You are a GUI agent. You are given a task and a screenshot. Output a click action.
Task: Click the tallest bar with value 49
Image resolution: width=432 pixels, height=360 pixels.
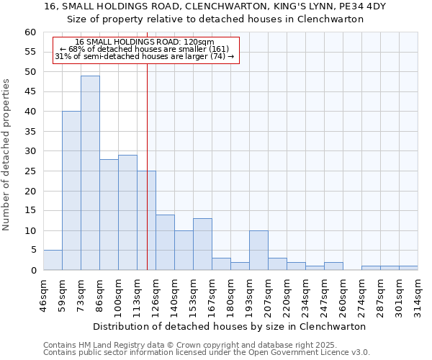[90, 173]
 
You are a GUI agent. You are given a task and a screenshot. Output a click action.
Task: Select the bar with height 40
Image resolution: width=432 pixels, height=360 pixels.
[71, 191]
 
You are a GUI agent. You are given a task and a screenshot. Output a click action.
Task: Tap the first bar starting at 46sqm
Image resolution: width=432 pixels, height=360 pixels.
[53, 260]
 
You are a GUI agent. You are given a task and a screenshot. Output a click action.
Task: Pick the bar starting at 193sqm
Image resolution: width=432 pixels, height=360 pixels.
[258, 250]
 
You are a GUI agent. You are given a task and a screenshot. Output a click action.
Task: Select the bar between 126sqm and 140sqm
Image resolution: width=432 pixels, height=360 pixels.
[165, 242]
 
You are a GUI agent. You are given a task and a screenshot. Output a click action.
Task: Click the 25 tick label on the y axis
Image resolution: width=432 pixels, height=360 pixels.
[30, 171]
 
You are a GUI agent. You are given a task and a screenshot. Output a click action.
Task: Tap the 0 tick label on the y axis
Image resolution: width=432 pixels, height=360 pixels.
[32, 271]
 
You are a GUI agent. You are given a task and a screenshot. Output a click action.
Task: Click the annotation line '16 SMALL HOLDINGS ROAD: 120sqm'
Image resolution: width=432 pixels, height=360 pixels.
[145, 42]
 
